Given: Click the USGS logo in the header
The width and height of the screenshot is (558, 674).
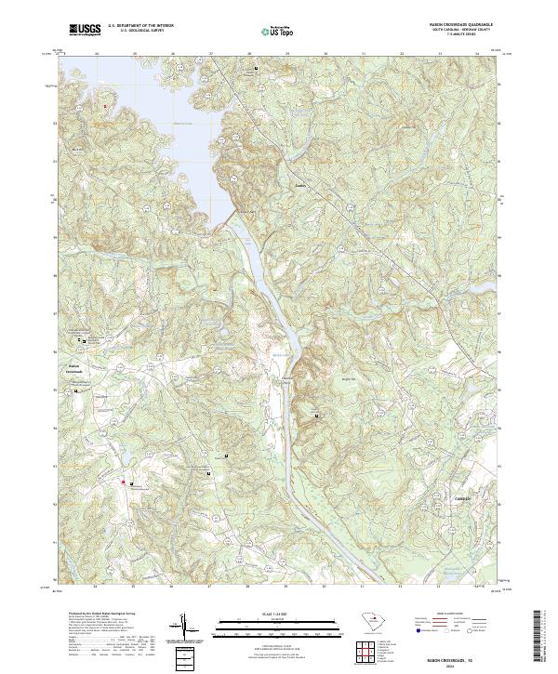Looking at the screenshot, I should pyautogui.click(x=86, y=31).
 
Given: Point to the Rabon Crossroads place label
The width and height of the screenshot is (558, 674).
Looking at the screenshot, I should pyautogui.click(x=74, y=367).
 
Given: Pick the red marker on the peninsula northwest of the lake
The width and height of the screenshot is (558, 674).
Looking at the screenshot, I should pyautogui.click(x=105, y=106).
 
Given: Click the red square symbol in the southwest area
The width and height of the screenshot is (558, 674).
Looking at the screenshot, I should pyautogui.click(x=121, y=482).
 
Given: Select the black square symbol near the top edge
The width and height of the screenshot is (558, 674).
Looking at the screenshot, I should pyautogui.click(x=256, y=69).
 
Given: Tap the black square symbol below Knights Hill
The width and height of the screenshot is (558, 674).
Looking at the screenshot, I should pyautogui.click(x=317, y=416).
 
